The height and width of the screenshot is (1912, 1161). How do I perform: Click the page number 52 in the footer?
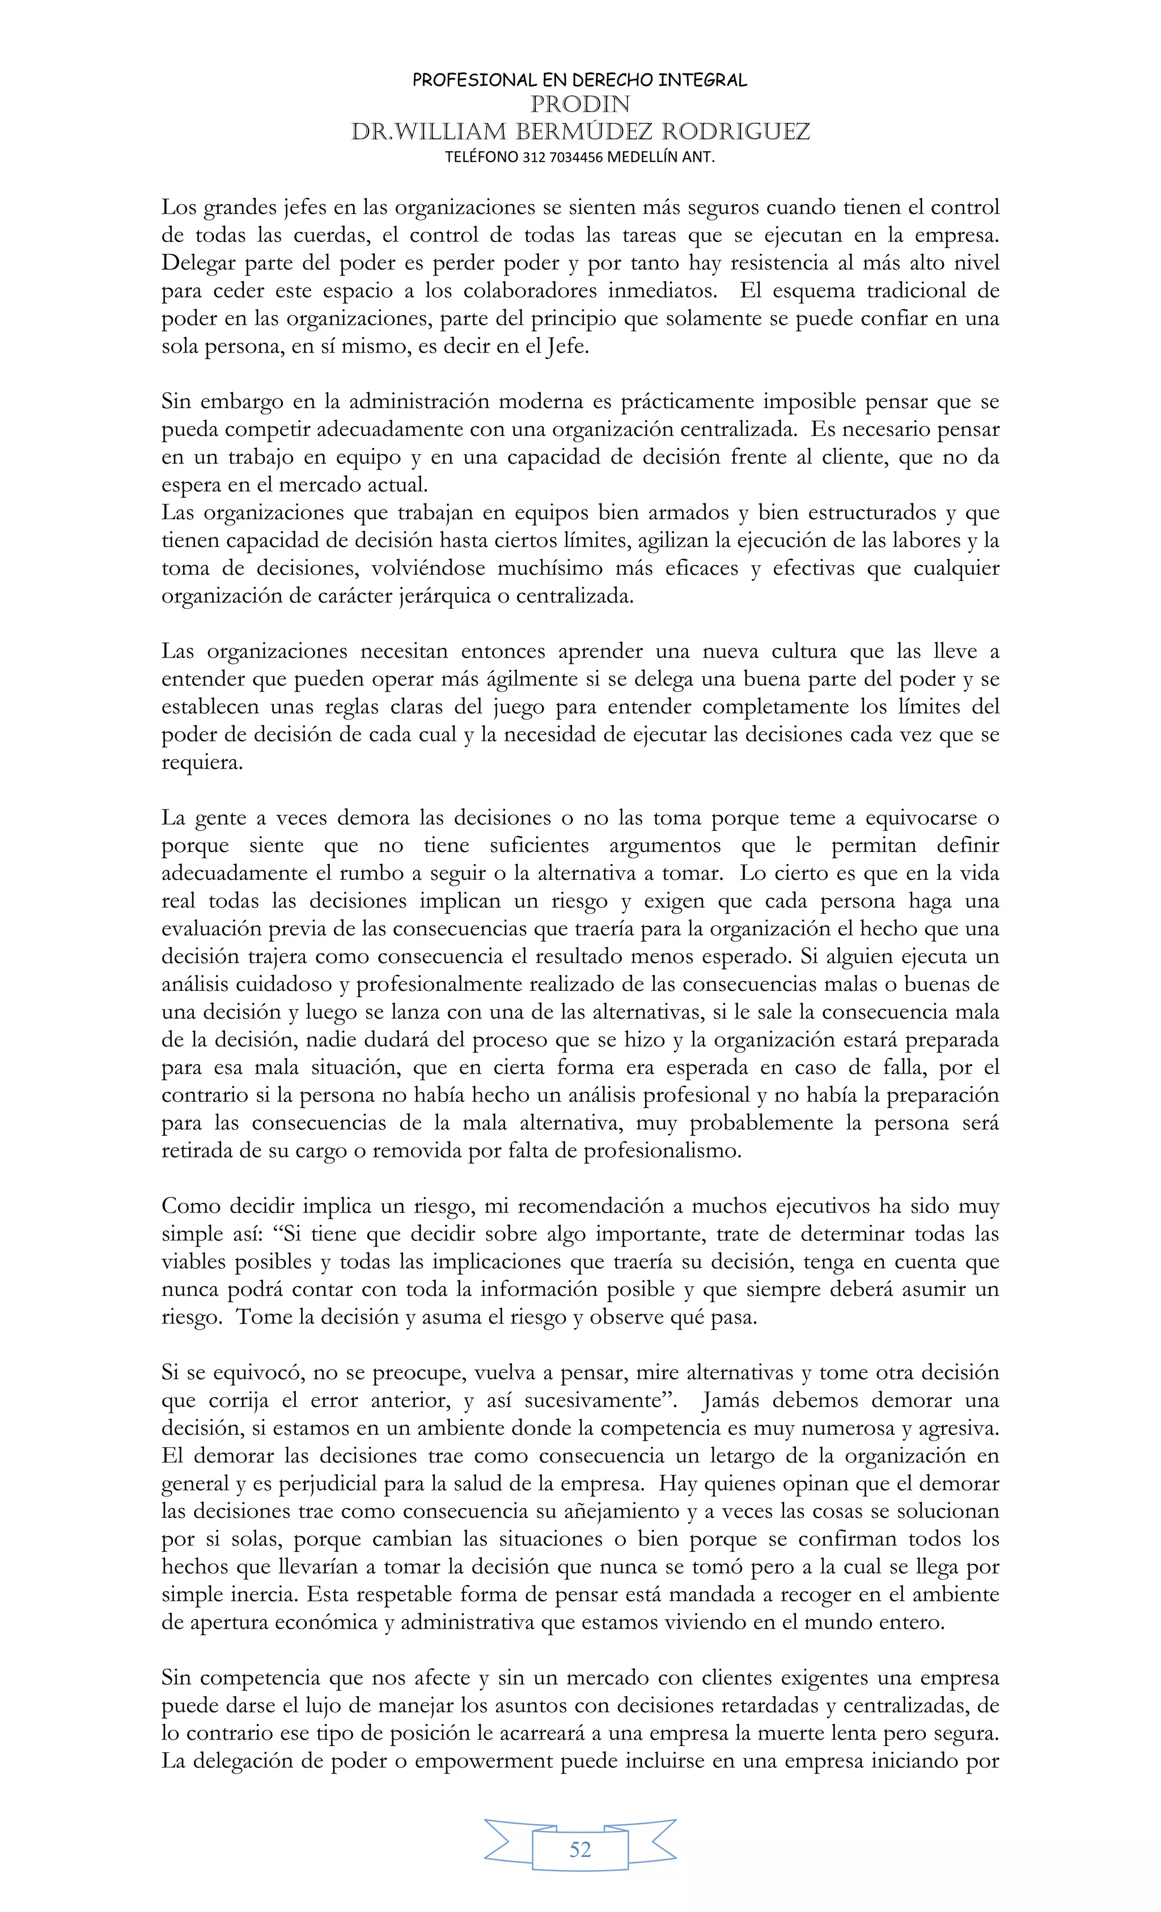point(580,1850)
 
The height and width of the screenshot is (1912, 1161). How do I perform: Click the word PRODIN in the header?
point(580,104)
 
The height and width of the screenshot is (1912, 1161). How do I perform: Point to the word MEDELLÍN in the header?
point(642,157)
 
